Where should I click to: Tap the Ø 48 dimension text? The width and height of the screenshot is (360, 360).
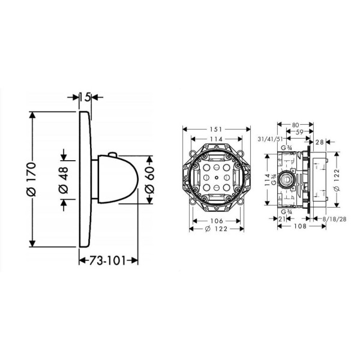64,180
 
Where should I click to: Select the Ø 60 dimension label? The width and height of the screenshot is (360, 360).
149,180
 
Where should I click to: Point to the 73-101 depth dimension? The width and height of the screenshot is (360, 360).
107,260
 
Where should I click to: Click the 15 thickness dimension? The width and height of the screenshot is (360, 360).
85,97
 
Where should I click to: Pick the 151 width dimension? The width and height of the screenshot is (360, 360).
216,130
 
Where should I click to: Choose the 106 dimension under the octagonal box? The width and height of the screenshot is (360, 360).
217,221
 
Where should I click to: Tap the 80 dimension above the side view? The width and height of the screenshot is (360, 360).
295,125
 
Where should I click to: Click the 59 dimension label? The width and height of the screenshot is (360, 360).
299,132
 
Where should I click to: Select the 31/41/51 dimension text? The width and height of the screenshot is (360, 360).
270,139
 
